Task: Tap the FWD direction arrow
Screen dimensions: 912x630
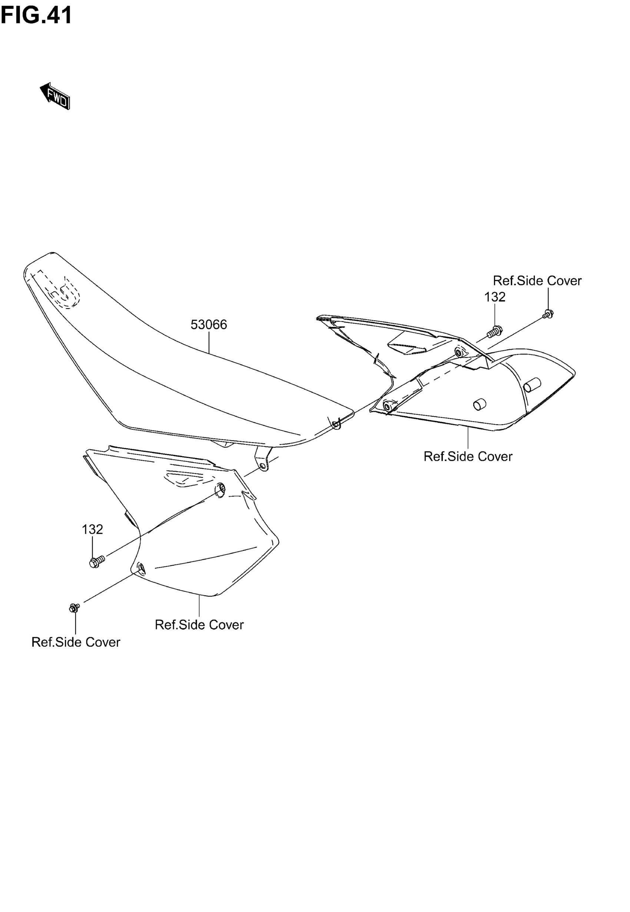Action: coord(55,96)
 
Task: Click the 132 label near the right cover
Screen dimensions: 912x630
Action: coord(495,297)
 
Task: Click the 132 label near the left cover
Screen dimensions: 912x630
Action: coord(92,529)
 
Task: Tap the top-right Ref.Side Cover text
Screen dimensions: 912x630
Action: coord(537,280)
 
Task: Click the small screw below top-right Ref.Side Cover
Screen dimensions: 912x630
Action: coord(548,314)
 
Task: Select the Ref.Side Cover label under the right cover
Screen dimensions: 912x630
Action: coord(468,456)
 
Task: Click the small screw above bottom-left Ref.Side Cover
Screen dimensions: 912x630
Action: coord(74,608)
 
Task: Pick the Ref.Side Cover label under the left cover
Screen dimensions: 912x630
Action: coord(199,625)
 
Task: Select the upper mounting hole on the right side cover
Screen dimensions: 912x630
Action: coord(459,352)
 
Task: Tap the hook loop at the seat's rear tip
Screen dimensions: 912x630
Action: coord(336,425)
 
